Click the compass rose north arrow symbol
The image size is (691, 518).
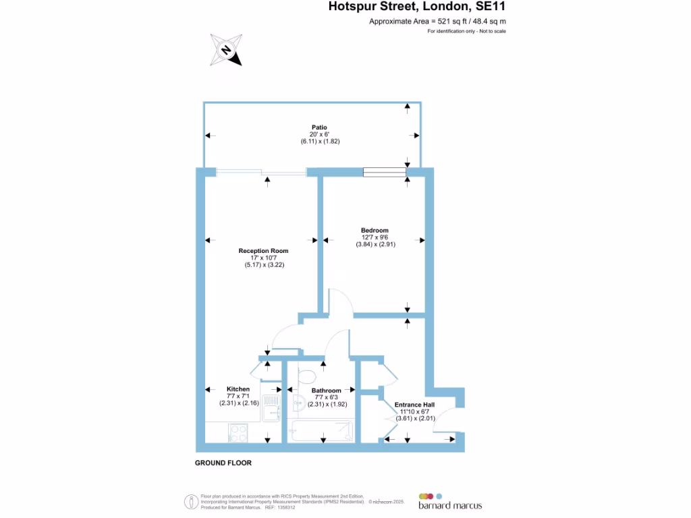pos(226,50)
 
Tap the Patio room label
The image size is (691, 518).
pos(319,127)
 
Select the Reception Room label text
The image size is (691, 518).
pos(263,251)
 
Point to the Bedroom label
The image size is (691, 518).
pos(375,231)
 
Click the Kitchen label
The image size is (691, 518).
pos(238,389)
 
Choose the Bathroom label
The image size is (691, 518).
pos(326,391)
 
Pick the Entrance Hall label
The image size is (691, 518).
pos(414,405)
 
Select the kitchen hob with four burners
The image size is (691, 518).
pos(238,432)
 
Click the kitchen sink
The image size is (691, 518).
pos(271,408)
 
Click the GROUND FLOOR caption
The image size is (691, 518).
pos(223,463)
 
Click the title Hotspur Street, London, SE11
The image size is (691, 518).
pos(417,7)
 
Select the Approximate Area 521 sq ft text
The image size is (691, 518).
pos(437,22)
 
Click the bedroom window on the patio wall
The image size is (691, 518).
pos(385,172)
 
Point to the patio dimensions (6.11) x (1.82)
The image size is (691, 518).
pos(319,142)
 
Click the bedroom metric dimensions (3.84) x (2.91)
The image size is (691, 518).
pos(375,245)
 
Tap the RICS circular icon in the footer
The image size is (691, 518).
pos(191,501)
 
